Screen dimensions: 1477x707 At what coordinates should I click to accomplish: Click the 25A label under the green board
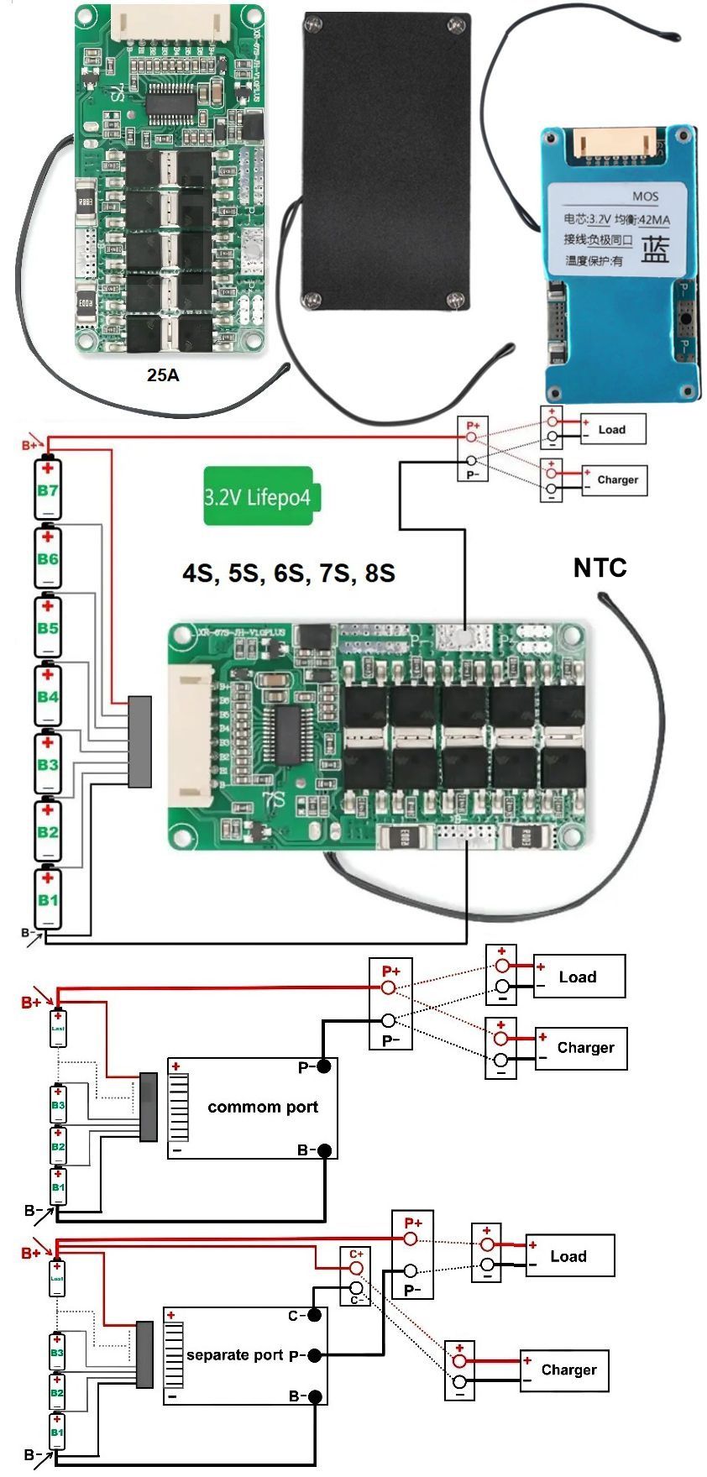point(163,375)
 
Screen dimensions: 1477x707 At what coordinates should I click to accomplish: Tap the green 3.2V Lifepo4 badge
point(258,496)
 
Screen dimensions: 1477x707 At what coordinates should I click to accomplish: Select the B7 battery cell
point(48,490)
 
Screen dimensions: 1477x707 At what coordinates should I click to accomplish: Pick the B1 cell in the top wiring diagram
point(48,899)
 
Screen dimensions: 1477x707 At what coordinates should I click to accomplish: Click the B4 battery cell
point(48,696)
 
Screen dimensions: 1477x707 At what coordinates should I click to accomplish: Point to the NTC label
point(600,568)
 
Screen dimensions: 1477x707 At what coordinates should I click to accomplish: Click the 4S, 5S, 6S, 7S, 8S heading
point(288,573)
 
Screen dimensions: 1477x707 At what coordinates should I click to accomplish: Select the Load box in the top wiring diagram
point(613,429)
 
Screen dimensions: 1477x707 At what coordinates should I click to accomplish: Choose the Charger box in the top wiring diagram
point(615,480)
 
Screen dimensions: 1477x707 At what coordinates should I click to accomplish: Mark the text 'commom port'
point(263,1107)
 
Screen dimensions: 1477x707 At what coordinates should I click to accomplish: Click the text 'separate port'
point(235,1354)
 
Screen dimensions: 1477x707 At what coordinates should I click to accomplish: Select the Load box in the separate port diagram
point(569,1256)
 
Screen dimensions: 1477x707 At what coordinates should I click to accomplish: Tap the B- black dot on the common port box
point(324,1150)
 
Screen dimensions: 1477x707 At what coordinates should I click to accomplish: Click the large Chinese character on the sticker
point(656,249)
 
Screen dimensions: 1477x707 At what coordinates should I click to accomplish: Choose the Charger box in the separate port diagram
point(563,1370)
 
